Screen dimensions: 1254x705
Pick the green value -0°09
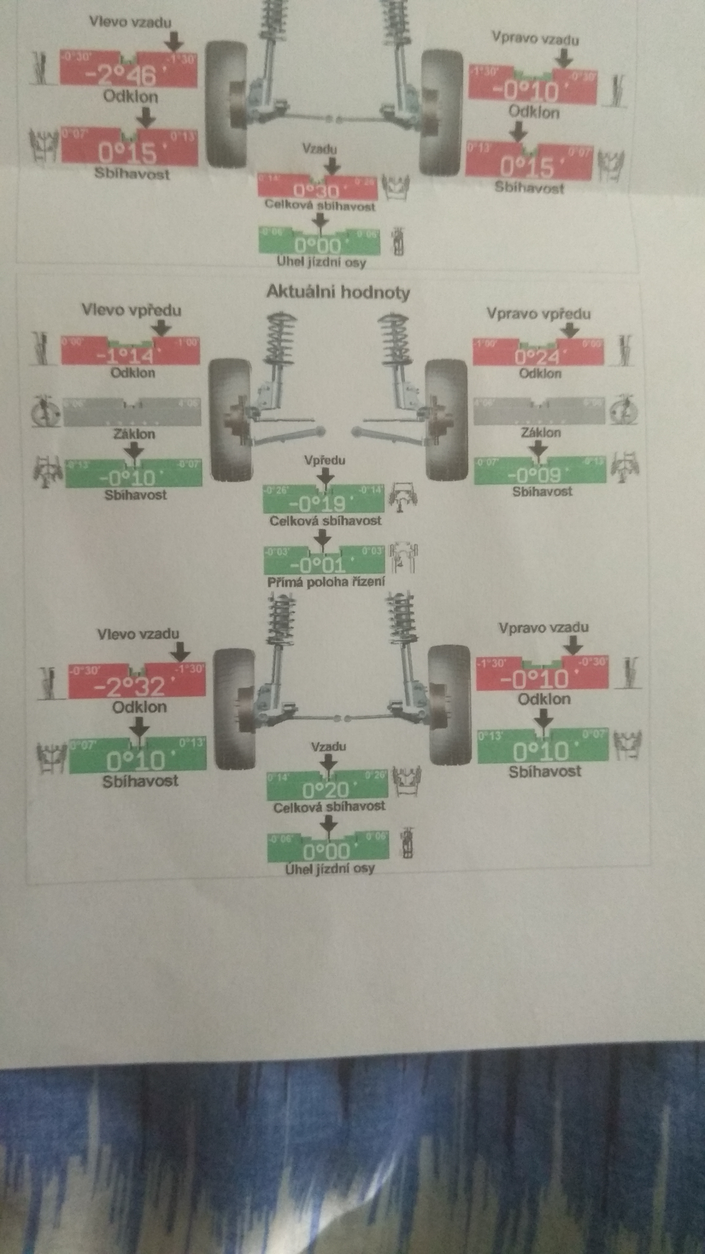click(534, 475)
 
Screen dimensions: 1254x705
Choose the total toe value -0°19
click(317, 504)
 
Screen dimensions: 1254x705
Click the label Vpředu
click(324, 460)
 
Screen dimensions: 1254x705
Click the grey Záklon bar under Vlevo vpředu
click(131, 412)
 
